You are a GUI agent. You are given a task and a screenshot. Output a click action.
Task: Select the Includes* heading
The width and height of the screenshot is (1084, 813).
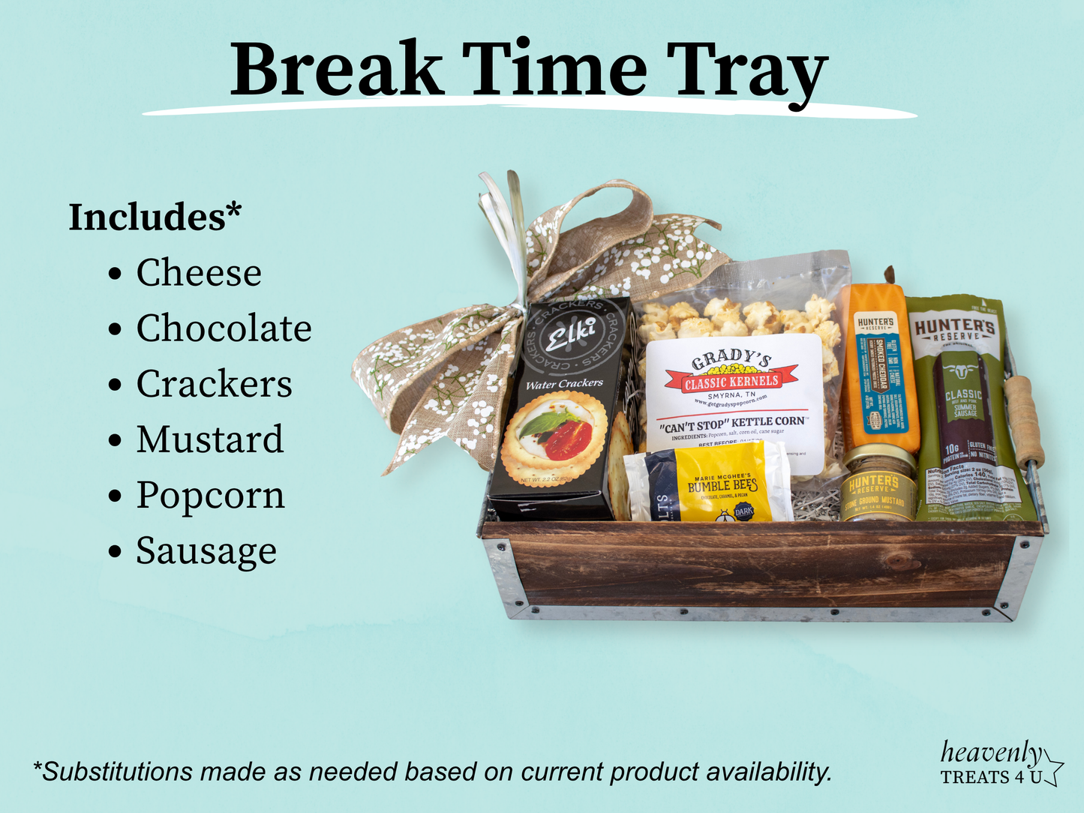point(155,217)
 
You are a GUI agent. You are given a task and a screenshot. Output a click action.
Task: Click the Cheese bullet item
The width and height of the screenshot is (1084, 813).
point(199,272)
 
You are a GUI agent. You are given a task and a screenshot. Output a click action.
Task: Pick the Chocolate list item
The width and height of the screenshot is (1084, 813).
point(224,328)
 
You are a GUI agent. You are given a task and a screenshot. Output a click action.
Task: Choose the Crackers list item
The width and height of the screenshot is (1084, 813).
point(214,384)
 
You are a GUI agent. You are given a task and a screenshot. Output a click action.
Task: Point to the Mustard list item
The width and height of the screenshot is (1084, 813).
point(210,439)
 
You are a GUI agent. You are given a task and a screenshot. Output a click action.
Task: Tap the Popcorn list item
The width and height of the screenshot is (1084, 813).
point(210,496)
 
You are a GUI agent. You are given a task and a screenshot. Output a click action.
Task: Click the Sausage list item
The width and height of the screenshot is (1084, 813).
point(206,551)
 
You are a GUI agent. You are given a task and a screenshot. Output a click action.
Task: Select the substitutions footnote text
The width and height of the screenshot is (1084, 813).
point(432,771)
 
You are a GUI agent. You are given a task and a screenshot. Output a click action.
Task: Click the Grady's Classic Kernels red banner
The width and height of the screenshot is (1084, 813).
point(731,382)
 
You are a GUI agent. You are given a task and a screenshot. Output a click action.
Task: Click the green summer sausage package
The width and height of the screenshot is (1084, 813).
point(964,405)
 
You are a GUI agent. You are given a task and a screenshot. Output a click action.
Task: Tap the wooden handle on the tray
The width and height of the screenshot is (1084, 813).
point(1024,420)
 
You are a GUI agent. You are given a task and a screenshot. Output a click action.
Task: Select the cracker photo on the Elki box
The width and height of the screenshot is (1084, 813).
point(554,437)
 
